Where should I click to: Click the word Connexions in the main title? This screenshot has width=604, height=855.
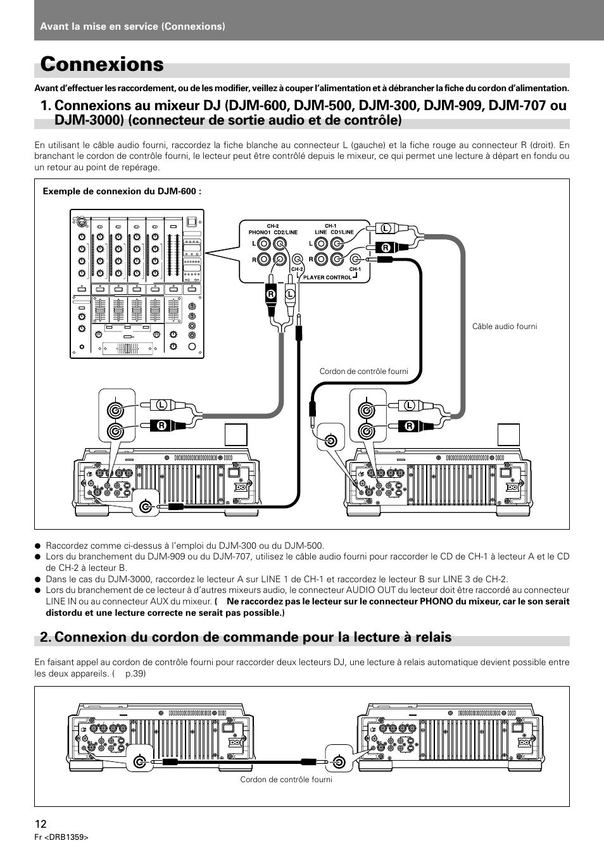(x=102, y=65)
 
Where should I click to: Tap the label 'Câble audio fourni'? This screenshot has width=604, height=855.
(x=504, y=327)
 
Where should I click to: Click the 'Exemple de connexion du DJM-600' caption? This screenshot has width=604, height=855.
(x=122, y=191)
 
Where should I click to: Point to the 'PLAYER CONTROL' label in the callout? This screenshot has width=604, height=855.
(x=327, y=277)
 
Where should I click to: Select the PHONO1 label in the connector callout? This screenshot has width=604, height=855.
(x=260, y=232)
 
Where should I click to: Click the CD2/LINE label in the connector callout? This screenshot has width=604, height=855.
(x=286, y=232)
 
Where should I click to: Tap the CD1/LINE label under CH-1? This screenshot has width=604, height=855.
(x=342, y=232)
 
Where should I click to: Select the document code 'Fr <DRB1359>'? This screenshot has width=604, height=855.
(x=61, y=837)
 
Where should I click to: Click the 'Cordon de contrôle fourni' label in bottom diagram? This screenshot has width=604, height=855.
(x=286, y=779)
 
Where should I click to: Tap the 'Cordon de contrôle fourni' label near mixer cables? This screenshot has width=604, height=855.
(x=363, y=371)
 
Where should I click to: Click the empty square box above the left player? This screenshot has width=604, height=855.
(x=236, y=435)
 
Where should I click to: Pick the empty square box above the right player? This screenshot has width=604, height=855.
(x=508, y=435)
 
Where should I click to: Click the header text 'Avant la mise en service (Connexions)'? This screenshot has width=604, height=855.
(x=132, y=26)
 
